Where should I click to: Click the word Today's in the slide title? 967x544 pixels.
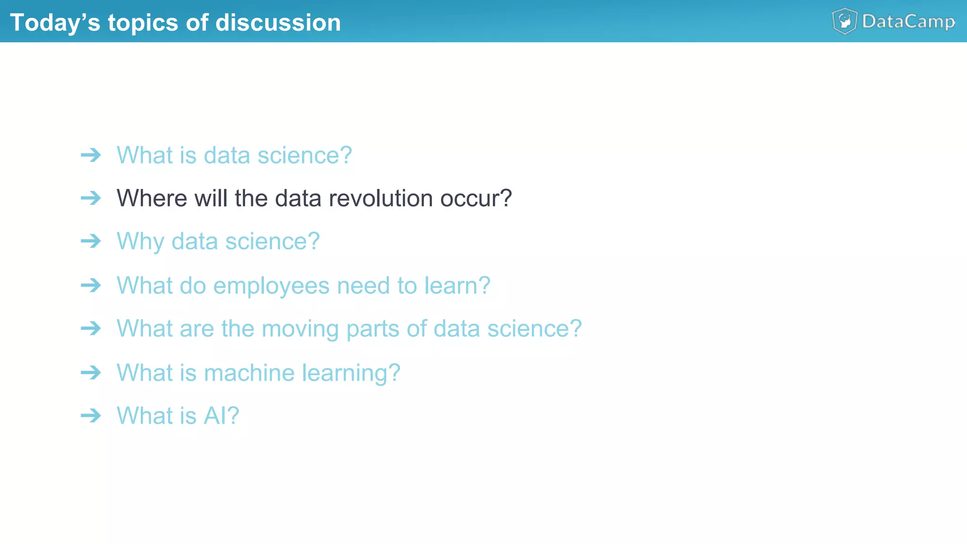coord(55,23)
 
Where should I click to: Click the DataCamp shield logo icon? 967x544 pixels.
coord(844,21)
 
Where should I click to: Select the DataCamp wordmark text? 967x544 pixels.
coord(908,22)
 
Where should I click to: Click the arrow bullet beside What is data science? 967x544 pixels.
coord(91,155)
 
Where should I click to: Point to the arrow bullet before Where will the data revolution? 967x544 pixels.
coord(91,198)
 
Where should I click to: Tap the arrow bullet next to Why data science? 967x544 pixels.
coord(91,241)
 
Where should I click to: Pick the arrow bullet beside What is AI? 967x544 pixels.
coord(91,416)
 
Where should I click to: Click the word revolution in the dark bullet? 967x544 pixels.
coord(381,198)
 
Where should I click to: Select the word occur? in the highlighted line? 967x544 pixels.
coord(476,198)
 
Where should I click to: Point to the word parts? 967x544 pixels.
coord(373,329)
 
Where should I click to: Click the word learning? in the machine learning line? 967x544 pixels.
coord(351,374)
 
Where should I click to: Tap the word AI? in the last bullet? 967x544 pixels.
coord(221,416)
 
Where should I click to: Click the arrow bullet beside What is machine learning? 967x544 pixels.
coord(91,373)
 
